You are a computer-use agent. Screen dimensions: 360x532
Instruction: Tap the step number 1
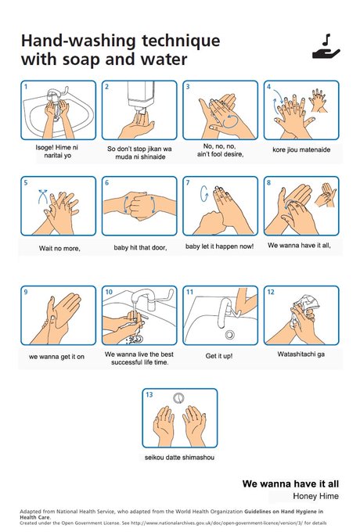(x=26, y=87)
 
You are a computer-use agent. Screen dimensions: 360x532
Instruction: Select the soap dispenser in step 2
(x=140, y=96)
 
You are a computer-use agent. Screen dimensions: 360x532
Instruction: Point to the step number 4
(x=268, y=87)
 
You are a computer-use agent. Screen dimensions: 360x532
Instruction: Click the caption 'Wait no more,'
(x=59, y=248)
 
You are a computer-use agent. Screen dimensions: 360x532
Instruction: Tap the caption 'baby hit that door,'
(x=140, y=248)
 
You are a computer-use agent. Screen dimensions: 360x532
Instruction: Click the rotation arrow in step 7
(x=204, y=193)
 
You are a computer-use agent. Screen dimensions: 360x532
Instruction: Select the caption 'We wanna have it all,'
(x=299, y=246)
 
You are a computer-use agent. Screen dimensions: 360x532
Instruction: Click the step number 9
(x=26, y=292)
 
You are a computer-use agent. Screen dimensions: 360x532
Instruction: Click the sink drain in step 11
(x=230, y=335)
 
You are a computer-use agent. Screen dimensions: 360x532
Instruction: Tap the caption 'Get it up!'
(x=219, y=356)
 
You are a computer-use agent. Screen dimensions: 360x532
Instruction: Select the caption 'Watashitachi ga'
(x=301, y=354)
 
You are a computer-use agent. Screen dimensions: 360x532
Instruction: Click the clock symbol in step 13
(x=178, y=398)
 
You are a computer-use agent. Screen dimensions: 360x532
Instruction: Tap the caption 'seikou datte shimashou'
(x=179, y=458)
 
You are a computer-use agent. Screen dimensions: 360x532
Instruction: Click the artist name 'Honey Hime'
(x=315, y=496)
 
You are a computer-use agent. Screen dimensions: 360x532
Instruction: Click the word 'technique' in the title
(x=181, y=41)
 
